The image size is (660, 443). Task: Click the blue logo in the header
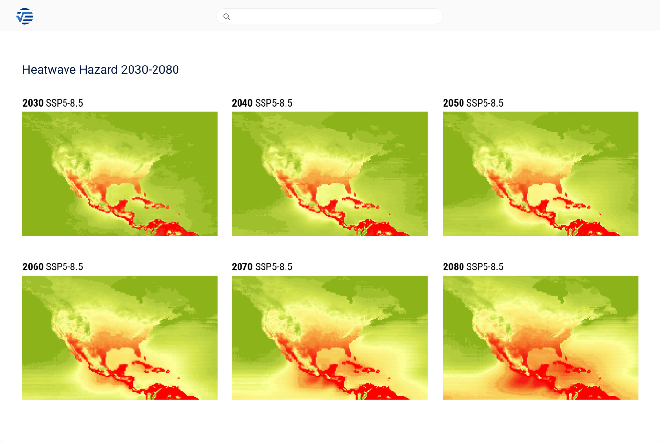(25, 17)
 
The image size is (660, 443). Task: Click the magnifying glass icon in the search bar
(226, 17)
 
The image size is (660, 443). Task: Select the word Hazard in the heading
(98, 70)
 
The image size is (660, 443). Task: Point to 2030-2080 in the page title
(150, 70)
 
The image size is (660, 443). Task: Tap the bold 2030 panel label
(33, 103)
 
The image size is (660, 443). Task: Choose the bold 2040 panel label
(242, 103)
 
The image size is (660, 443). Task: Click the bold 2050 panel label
(454, 103)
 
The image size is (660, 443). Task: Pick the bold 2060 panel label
(33, 267)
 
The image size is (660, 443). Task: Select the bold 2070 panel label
(242, 267)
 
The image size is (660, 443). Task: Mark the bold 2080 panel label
(454, 267)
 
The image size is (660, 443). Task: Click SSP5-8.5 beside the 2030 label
(65, 103)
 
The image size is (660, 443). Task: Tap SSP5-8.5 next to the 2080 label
(485, 267)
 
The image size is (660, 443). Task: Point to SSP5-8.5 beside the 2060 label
(65, 267)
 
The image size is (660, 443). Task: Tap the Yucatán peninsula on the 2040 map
(332, 204)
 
